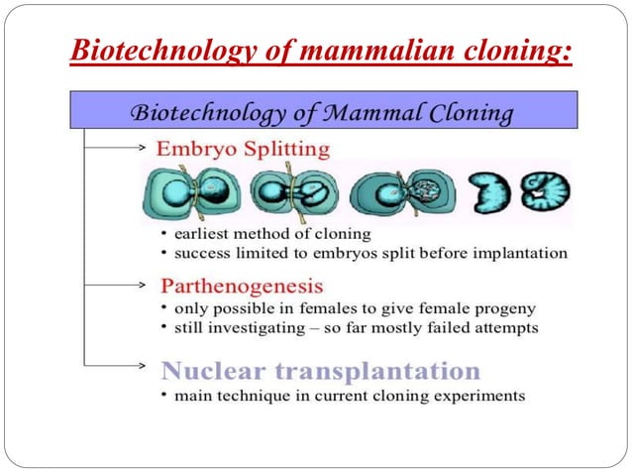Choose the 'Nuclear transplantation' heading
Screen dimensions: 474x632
[x=321, y=372]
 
